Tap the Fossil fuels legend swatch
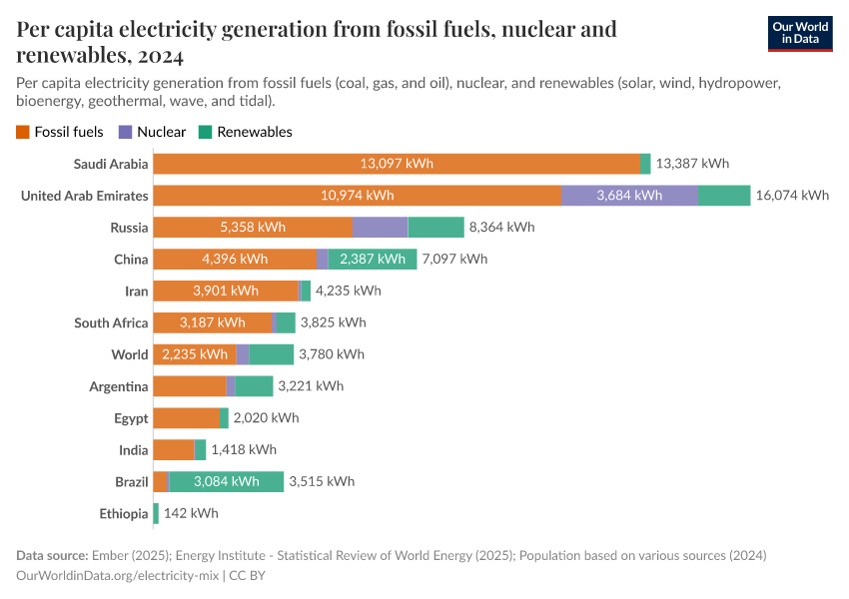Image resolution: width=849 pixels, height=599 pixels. [23, 132]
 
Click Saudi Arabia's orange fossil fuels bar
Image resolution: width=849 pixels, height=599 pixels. [397, 164]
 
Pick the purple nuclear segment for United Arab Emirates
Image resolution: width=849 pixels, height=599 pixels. [629, 196]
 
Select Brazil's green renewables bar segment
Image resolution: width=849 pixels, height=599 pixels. [226, 481]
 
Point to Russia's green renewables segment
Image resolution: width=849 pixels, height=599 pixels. [435, 228]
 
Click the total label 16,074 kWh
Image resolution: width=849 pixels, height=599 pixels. [792, 196]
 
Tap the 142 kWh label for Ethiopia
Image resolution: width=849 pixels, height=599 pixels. [191, 513]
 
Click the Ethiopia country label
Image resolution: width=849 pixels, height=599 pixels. [124, 513]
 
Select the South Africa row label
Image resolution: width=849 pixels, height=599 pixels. [111, 322]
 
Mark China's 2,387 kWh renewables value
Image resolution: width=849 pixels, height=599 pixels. [373, 260]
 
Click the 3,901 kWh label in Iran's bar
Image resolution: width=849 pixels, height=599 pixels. [226, 291]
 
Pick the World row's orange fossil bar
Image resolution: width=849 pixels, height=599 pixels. [195, 354]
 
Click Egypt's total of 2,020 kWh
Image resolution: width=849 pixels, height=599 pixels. [266, 418]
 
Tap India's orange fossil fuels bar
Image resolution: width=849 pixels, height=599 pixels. [174, 449]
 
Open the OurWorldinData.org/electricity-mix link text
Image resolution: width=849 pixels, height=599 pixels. [118, 576]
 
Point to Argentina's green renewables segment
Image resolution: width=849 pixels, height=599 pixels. [254, 386]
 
